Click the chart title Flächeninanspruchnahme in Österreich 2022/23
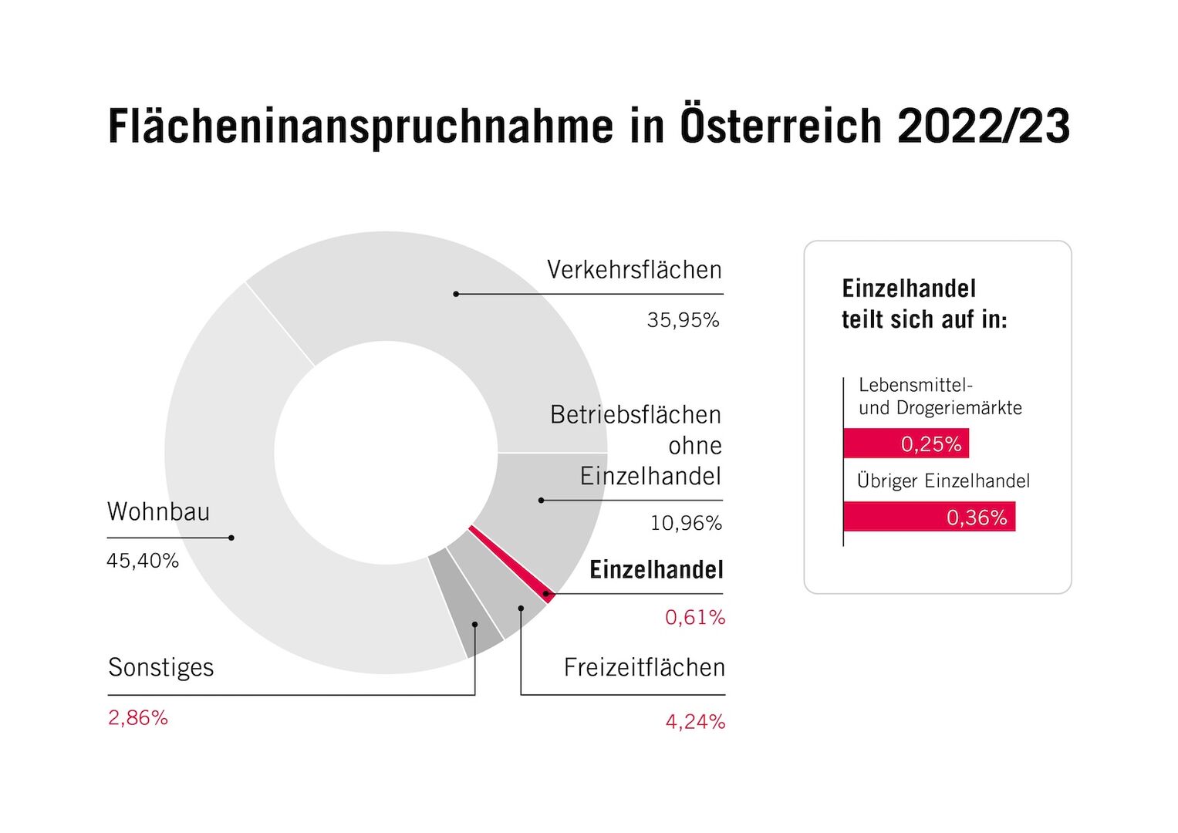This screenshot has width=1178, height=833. (589, 126)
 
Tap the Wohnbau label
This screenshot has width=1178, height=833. (158, 511)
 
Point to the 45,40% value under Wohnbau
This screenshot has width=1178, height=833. (143, 561)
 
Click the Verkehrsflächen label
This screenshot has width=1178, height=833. (634, 270)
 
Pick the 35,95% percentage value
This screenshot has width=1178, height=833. (683, 320)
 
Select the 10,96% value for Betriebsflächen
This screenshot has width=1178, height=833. (686, 524)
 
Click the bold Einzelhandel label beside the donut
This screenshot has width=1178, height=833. (656, 570)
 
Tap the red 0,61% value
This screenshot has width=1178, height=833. (694, 618)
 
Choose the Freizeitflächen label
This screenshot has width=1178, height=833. (644, 667)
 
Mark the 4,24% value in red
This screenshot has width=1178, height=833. (694, 722)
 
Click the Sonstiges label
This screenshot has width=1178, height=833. (160, 667)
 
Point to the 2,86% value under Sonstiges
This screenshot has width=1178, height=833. (138, 718)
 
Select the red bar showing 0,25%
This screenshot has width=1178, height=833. (906, 443)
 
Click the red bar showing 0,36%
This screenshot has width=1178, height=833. (929, 517)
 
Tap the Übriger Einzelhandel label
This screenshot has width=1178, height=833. (943, 481)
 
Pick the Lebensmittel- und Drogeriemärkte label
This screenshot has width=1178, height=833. (940, 396)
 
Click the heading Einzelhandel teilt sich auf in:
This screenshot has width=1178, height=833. (923, 304)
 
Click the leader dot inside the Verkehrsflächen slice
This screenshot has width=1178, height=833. (456, 294)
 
